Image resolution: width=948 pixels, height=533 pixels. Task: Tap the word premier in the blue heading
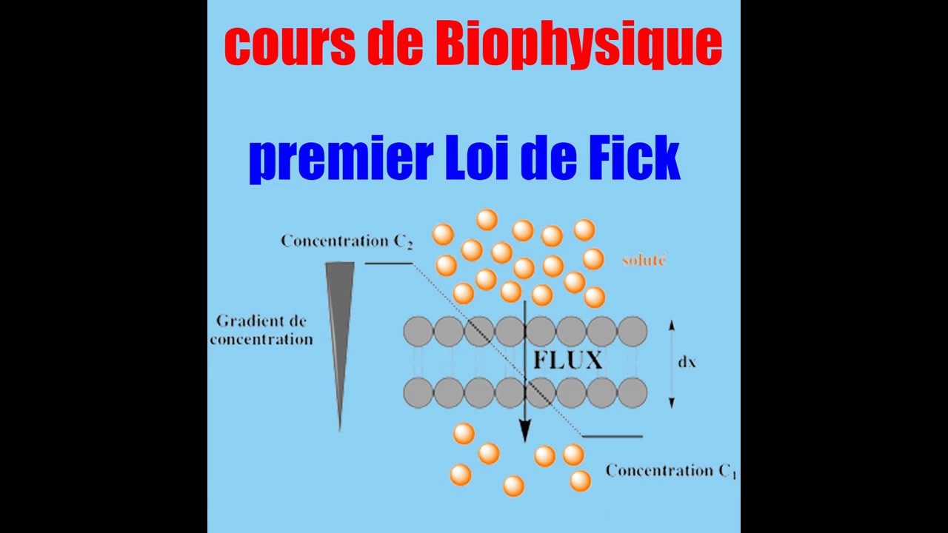[x=341, y=158]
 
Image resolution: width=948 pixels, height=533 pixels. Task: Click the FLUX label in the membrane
[x=568, y=361]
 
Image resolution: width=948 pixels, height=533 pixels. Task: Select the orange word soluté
[x=644, y=260]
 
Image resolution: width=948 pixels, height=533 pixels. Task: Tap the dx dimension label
[x=687, y=363]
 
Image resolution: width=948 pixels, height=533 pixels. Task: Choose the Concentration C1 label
[x=671, y=471]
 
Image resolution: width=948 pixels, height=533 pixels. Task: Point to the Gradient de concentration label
[x=261, y=330]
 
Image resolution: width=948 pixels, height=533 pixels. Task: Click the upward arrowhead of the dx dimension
[x=671, y=324]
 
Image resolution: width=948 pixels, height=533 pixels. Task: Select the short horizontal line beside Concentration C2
[x=389, y=263]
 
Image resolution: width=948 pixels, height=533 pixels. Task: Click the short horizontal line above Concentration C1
[x=612, y=436]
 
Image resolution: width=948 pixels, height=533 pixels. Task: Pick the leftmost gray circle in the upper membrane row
[x=418, y=332]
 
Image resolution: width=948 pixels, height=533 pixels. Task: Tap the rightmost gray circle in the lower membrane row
[x=632, y=392]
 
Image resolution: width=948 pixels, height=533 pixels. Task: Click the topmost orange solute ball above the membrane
[x=487, y=219]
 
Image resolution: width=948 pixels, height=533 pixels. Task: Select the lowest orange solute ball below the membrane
[x=513, y=486]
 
